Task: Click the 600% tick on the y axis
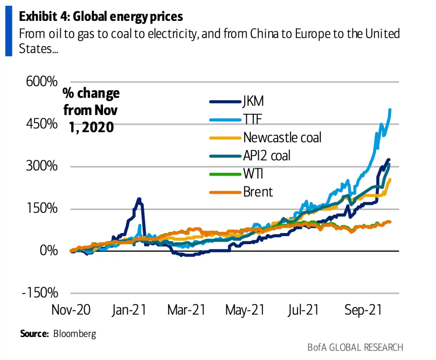(42, 81)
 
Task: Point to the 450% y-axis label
(42, 124)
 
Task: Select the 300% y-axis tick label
(42, 166)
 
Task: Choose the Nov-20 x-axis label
(71, 310)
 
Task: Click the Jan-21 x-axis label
(129, 310)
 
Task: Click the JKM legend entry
(253, 101)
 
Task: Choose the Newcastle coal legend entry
(282, 138)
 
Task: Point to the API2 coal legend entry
(267, 156)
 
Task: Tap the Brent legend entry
(258, 192)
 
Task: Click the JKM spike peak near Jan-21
(139, 199)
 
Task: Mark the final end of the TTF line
(390, 110)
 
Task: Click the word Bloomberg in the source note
(75, 334)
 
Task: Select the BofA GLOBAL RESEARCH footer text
(355, 347)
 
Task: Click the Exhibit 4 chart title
(101, 17)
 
